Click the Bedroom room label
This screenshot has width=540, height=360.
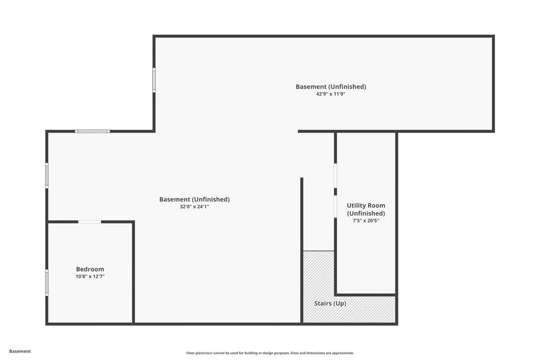click(90, 269)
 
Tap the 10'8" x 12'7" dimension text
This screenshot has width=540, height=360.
click(90, 276)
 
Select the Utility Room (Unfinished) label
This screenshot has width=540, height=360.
click(366, 209)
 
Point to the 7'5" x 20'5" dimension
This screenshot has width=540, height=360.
click(366, 221)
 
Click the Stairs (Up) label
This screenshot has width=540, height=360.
click(330, 303)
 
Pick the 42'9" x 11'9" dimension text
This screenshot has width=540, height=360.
click(331, 94)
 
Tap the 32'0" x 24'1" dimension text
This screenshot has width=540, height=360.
click(194, 206)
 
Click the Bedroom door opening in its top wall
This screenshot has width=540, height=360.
click(89, 222)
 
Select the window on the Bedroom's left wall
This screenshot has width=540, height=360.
click(47, 283)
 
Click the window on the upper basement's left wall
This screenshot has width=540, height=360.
click(154, 80)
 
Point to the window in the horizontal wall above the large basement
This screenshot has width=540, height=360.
click(92, 131)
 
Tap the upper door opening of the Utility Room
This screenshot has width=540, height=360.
click(335, 176)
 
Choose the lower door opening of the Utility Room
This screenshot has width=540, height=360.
click(335, 206)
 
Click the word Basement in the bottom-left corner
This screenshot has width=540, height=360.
click(20, 351)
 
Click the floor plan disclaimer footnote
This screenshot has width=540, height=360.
click(270, 353)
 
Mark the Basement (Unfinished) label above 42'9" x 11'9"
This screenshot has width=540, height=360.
click(331, 87)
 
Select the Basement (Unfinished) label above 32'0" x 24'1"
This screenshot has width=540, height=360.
click(194, 199)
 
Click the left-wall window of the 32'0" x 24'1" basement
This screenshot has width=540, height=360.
click(47, 176)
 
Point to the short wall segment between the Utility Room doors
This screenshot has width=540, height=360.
click(335, 192)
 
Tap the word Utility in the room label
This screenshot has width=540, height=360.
click(355, 206)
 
